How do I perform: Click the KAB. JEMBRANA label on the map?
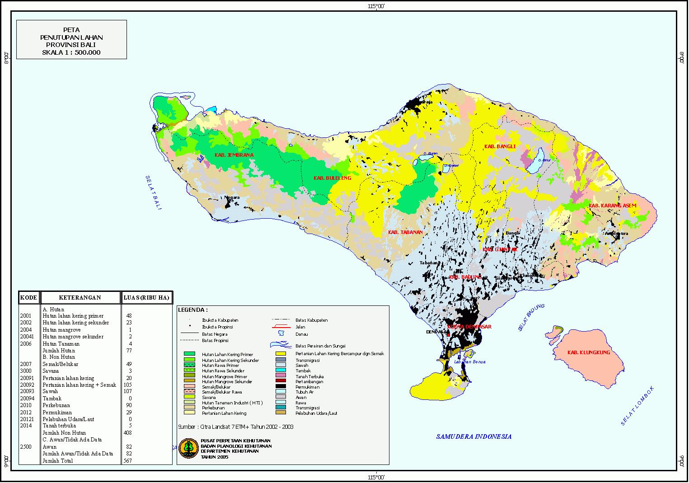234,155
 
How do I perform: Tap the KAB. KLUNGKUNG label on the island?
589,352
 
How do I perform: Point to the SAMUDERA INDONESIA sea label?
473,436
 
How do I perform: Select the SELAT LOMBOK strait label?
637,406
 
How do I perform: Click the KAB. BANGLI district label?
500,146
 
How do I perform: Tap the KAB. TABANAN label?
405,232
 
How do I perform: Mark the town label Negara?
232,197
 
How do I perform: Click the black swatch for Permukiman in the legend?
281,386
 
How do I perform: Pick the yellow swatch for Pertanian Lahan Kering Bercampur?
281,354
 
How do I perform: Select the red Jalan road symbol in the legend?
281,327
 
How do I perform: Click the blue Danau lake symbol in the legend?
281,334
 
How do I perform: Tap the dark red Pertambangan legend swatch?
281,381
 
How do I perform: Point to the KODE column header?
28,298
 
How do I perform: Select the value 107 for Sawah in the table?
127,391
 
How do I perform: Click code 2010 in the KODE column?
26,405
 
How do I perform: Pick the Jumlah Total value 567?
127,461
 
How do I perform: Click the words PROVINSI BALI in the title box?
71,45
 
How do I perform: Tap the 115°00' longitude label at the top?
376,6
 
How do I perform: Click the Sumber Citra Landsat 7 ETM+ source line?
235,427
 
